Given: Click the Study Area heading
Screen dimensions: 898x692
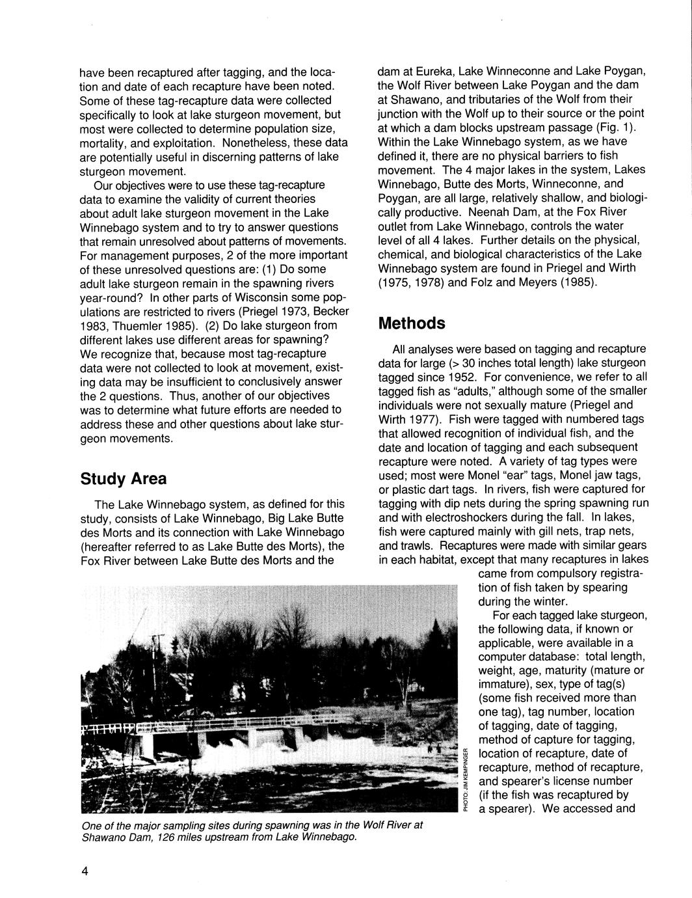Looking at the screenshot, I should [123, 479].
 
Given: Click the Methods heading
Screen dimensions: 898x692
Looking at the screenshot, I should [412, 323].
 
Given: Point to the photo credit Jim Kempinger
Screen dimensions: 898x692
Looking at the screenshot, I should [466, 780].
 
